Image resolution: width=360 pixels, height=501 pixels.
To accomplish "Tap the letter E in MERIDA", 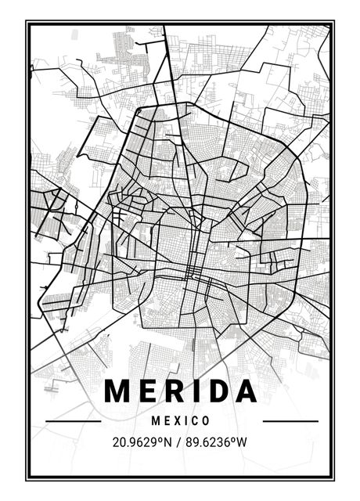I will click(x=148, y=391).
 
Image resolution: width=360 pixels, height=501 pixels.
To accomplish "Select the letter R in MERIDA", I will click(x=174, y=391).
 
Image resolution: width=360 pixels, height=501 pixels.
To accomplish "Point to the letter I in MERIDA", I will click(x=194, y=391).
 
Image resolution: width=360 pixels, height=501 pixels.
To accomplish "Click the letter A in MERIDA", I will click(x=244, y=391).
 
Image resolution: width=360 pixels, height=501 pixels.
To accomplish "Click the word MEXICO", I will click(x=182, y=421).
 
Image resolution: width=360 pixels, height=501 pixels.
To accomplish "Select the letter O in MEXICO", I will click(x=206, y=421).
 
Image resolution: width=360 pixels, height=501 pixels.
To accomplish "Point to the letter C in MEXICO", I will click(x=196, y=421).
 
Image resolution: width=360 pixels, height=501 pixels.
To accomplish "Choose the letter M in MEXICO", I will click(x=157, y=421).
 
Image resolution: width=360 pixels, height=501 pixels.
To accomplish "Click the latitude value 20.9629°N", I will click(x=143, y=442).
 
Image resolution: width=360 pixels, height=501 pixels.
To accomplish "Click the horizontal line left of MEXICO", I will click(x=74, y=421).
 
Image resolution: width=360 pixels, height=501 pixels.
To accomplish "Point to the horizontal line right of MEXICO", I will click(x=290, y=421).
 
